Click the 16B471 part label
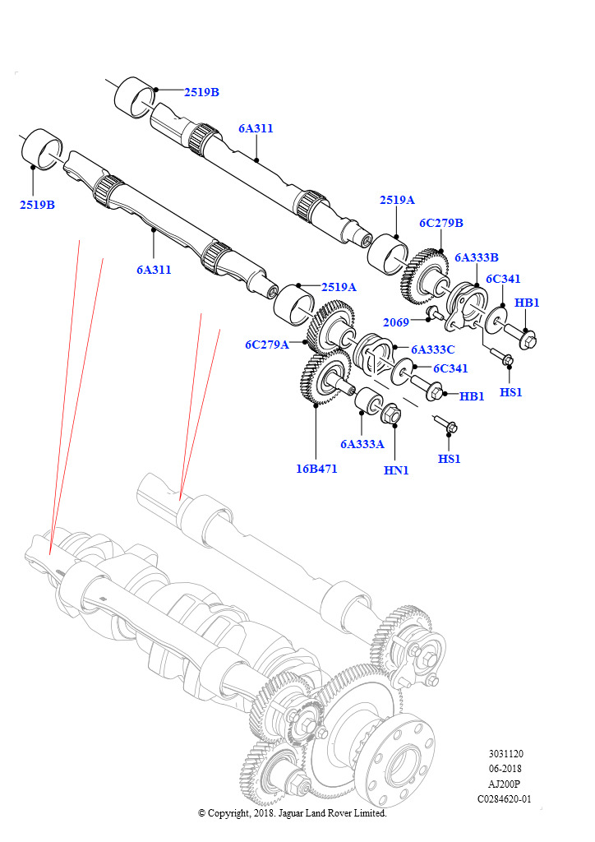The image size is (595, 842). pyautogui.click(x=316, y=469)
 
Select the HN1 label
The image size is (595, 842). pyautogui.click(x=396, y=470)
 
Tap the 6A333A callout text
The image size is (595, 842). pyautogui.click(x=362, y=444)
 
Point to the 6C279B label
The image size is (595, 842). pyautogui.click(x=441, y=223)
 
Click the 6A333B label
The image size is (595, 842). pyautogui.click(x=477, y=257)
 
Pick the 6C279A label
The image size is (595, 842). pyautogui.click(x=266, y=345)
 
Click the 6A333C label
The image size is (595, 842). pyautogui.click(x=432, y=349)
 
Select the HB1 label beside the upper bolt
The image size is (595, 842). pyautogui.click(x=527, y=303)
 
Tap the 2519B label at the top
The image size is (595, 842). pyautogui.click(x=201, y=92)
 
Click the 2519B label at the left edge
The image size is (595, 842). pyautogui.click(x=37, y=204)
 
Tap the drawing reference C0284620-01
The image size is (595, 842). pyautogui.click(x=505, y=798)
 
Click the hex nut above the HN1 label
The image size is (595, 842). pyautogui.click(x=393, y=414)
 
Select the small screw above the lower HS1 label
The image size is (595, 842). pyautogui.click(x=449, y=426)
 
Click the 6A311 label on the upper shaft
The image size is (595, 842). pyautogui.click(x=256, y=128)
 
